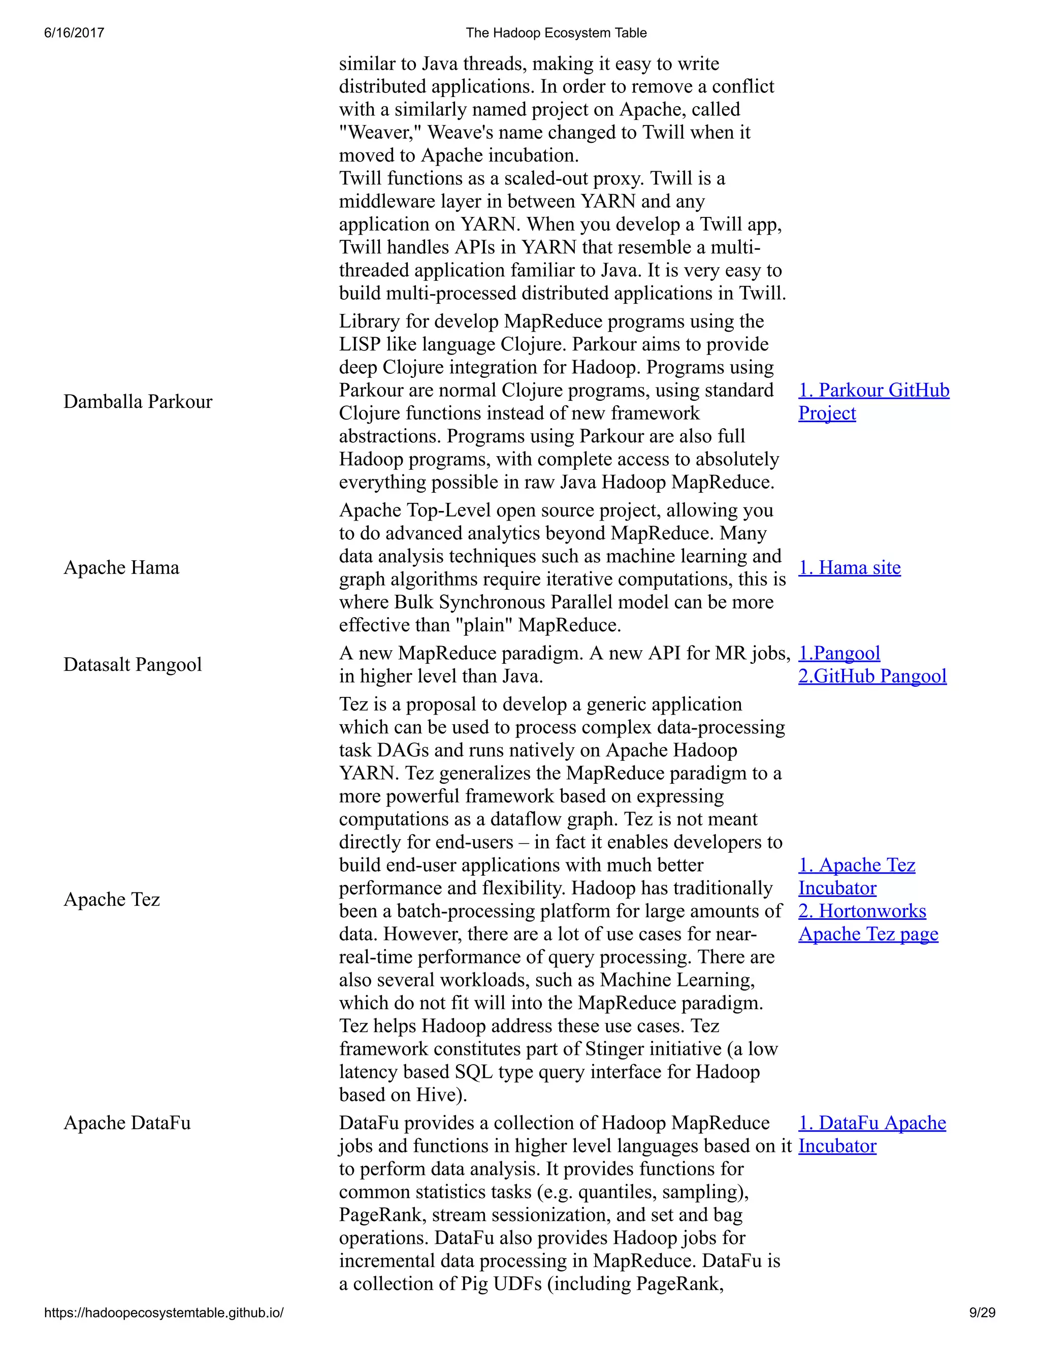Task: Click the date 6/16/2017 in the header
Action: point(74,33)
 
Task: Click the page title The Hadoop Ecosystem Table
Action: point(556,33)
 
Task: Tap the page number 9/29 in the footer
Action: point(982,1312)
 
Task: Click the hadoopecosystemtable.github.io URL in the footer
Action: point(164,1312)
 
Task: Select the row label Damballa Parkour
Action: point(138,402)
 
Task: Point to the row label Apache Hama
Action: point(121,568)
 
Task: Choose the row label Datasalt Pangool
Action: point(133,664)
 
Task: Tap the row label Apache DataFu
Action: point(127,1123)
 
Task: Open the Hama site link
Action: point(850,568)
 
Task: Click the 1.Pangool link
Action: point(839,653)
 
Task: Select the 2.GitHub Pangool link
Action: point(872,676)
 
